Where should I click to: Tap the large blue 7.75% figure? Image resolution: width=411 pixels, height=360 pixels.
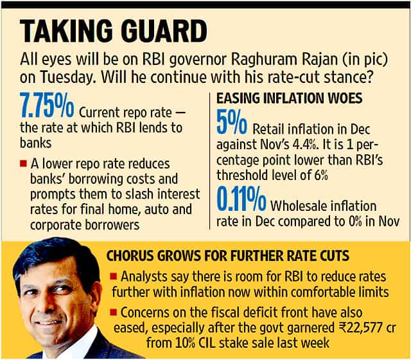coord(47,105)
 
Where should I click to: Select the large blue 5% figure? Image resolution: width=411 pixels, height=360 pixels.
coord(232,122)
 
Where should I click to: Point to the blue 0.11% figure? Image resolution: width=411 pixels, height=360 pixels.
coord(241,199)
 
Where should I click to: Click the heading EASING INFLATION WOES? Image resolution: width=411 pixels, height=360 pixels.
coord(290,98)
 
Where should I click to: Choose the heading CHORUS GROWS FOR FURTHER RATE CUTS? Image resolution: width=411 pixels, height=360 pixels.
coord(228,256)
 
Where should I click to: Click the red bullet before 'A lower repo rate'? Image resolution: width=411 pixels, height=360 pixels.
coord(23,163)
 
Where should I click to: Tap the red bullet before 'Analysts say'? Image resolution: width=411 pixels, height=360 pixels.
coord(114,276)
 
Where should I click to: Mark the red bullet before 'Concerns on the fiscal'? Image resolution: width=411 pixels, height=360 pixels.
coord(114,312)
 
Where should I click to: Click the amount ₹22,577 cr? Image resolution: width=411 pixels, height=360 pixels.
coord(365,328)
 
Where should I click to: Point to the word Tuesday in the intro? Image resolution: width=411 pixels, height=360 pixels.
coord(67,77)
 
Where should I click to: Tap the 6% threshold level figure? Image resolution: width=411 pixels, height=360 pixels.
coord(321,175)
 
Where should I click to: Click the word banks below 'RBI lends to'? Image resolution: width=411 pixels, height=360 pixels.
coord(36,143)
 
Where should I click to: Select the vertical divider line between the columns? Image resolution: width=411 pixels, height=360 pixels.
coord(210,161)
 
